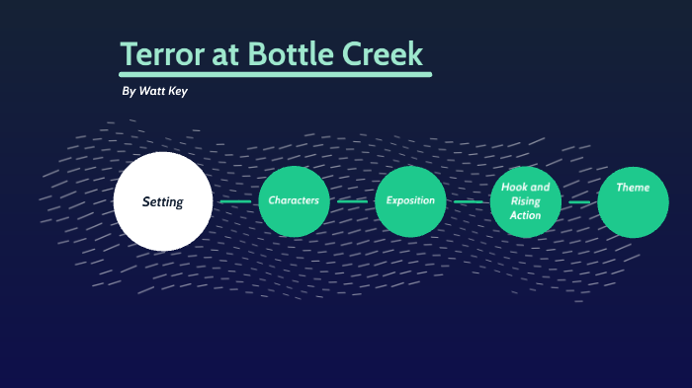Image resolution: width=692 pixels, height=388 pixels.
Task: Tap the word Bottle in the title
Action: (x=293, y=54)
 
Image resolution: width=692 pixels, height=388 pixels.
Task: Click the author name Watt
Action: (x=154, y=91)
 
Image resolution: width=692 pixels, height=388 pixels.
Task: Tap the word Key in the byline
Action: (x=179, y=91)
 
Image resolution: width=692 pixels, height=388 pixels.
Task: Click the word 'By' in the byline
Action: (x=129, y=91)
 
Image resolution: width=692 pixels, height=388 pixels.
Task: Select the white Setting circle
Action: (x=163, y=201)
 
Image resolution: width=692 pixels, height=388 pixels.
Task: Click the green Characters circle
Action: (x=294, y=200)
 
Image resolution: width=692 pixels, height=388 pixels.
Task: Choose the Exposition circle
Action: (x=410, y=200)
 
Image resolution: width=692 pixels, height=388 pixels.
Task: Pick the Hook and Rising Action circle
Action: (x=526, y=201)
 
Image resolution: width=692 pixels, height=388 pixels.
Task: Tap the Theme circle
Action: (x=633, y=201)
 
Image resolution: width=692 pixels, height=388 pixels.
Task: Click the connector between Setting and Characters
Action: (x=235, y=201)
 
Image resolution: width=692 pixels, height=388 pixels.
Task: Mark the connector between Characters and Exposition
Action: (x=352, y=201)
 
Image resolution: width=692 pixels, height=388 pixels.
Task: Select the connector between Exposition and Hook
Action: (x=469, y=201)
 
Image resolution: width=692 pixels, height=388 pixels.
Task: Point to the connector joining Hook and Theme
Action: (x=579, y=202)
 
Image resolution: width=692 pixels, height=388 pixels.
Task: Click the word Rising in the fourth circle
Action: (x=526, y=201)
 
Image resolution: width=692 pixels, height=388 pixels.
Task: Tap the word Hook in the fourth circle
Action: (x=512, y=188)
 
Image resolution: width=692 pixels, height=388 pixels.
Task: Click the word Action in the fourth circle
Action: (x=526, y=215)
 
